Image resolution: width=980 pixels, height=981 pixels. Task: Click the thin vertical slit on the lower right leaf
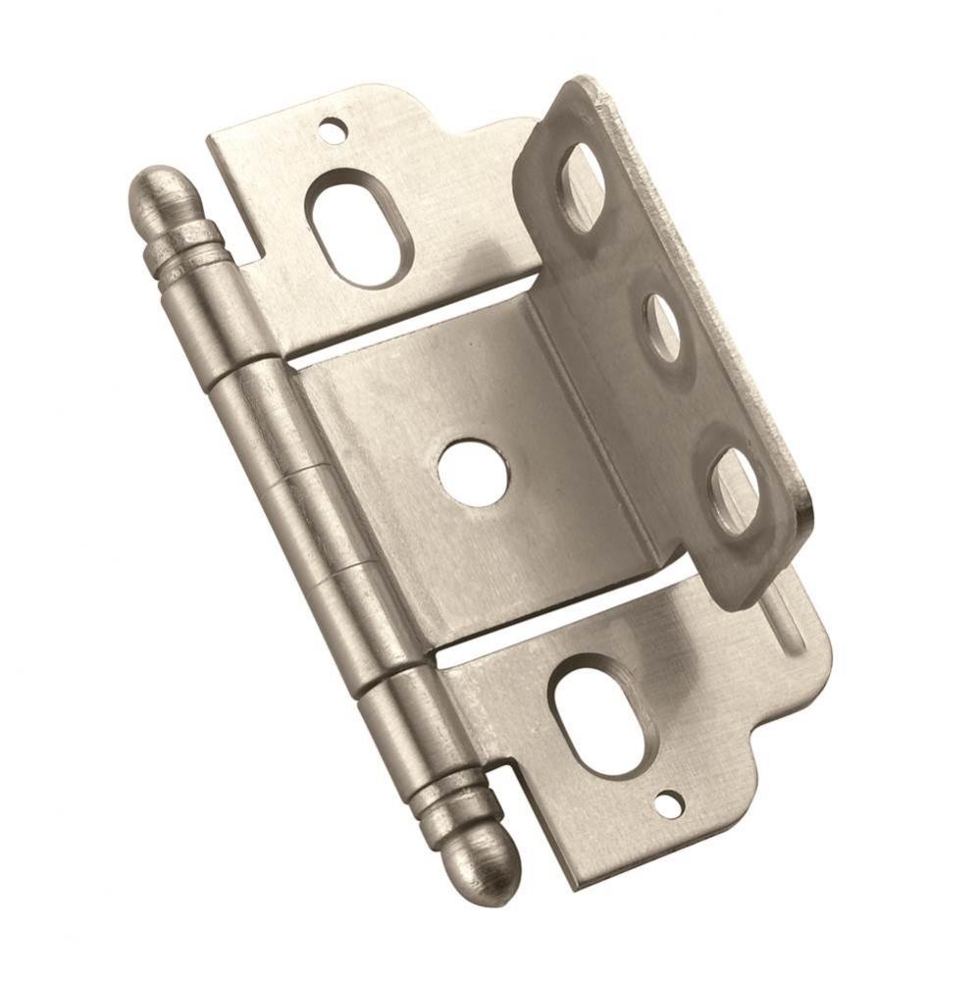tap(785, 618)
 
